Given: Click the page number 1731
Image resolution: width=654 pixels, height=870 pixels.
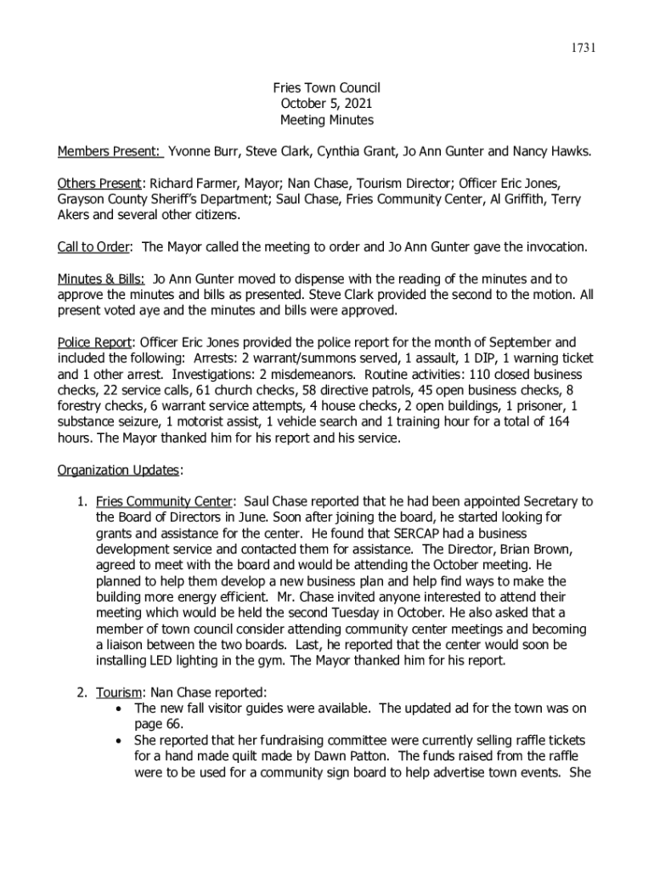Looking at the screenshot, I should click(x=582, y=48).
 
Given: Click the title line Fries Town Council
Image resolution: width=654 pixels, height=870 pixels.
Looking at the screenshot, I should click(x=326, y=88).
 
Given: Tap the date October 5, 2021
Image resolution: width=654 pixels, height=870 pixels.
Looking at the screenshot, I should click(x=326, y=105).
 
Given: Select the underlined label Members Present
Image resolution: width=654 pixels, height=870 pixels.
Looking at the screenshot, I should click(x=110, y=152).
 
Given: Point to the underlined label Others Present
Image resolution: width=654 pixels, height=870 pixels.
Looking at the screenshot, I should click(x=99, y=184).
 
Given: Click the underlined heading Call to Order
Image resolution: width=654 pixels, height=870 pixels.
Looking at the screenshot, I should click(x=93, y=247).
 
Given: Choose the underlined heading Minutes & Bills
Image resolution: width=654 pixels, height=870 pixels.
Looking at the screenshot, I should click(x=100, y=280).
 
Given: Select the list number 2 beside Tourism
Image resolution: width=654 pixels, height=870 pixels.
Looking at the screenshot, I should click(x=82, y=692).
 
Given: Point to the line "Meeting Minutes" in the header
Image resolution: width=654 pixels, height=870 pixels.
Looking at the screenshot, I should click(x=326, y=121).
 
